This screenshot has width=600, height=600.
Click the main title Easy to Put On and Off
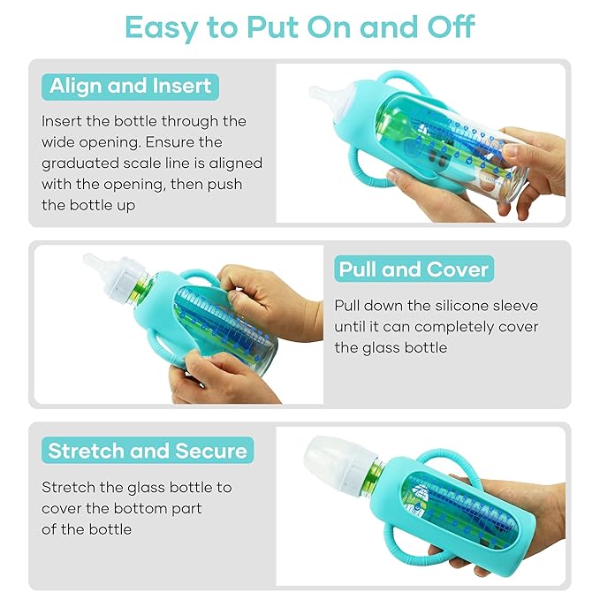[x=300, y=27]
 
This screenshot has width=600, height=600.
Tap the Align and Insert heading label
[x=130, y=87]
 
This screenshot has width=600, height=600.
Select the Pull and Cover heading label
[x=414, y=269]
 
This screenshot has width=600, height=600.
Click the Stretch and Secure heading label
[x=148, y=451]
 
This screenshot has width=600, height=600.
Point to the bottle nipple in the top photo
[x=321, y=93]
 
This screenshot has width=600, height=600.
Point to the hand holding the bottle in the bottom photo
[x=521, y=521]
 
